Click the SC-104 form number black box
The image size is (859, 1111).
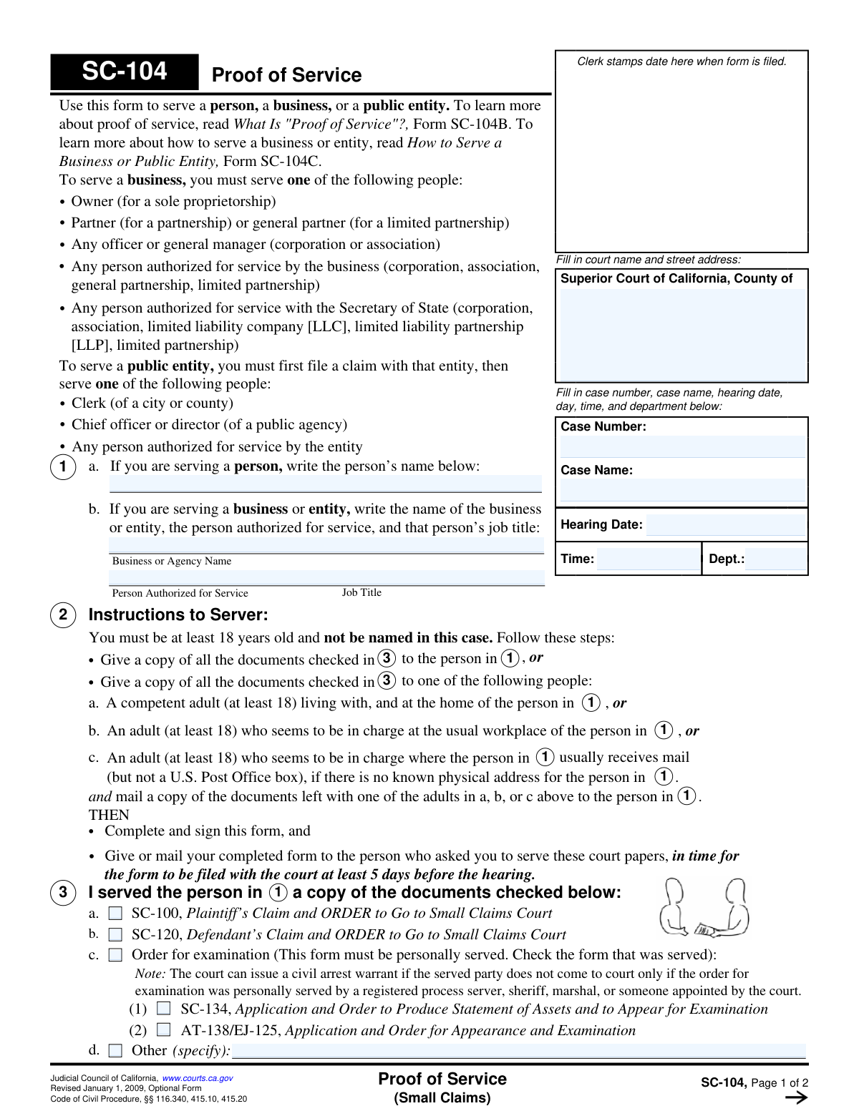pos(125,72)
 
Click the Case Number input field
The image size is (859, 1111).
pos(682,446)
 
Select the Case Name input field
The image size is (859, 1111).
pos(682,490)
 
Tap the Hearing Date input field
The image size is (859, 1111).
pos(725,524)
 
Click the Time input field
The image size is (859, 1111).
pos(648,559)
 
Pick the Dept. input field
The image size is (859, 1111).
pos(776,559)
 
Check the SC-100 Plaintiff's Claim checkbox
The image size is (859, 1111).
pos(115,914)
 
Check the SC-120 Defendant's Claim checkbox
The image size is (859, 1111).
pos(115,935)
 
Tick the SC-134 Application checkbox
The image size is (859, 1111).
pos(164,1009)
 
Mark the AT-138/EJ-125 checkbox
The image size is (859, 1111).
pos(164,1030)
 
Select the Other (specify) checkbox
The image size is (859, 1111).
pos(115,1051)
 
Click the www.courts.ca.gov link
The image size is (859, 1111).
pos(198,1078)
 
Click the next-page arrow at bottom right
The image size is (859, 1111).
pos(796,1098)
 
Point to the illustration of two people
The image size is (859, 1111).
pos(704,908)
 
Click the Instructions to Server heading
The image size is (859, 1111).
pos(178,615)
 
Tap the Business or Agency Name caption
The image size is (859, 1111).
pos(172,561)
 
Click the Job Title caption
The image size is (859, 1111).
pos(361,592)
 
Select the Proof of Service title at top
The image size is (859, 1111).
pos(286,75)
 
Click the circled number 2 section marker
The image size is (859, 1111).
pos(63,615)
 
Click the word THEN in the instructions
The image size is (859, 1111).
pos(109,815)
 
